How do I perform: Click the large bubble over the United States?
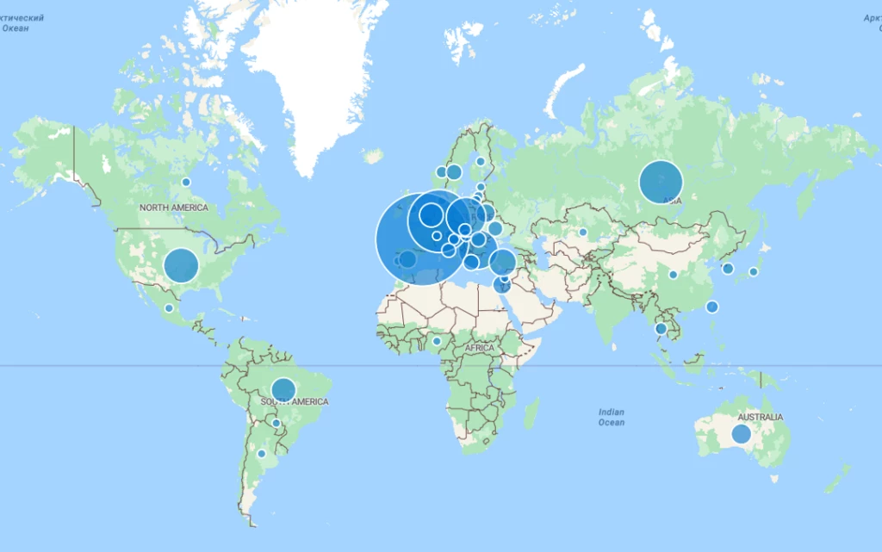click(181, 265)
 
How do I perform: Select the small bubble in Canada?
click(185, 182)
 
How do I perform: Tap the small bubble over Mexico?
click(169, 308)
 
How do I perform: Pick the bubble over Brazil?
click(283, 390)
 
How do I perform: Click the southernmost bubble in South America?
click(261, 453)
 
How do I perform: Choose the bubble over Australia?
click(741, 434)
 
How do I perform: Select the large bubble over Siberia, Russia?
click(661, 183)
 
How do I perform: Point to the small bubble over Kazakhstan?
click(582, 232)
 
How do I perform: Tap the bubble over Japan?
click(753, 272)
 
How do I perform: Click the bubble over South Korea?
click(728, 269)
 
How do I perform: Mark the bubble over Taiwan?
click(712, 307)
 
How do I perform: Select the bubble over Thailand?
click(661, 328)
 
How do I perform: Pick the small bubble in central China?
click(673, 275)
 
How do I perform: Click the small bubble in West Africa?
click(437, 341)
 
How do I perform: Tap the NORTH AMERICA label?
click(174, 208)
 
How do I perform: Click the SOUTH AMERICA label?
click(295, 402)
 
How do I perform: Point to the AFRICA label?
click(480, 348)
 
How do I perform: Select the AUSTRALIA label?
click(760, 418)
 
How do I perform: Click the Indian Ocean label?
click(612, 417)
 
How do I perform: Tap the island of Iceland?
click(373, 156)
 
